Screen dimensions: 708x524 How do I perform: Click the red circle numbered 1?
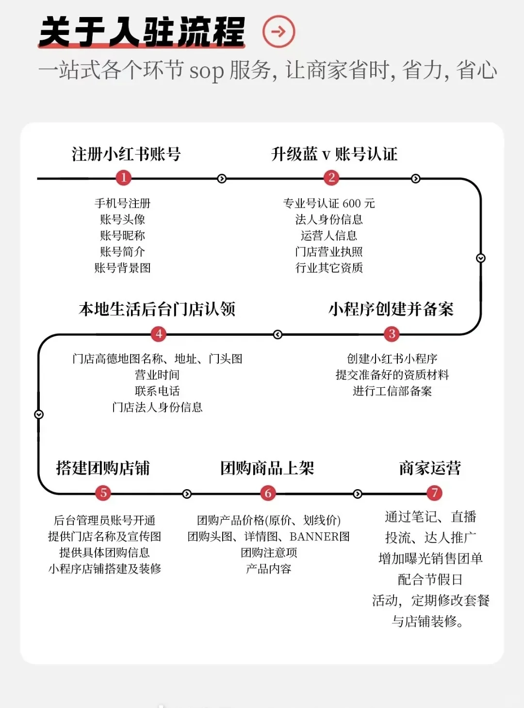(124, 178)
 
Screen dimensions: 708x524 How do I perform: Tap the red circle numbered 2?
(331, 178)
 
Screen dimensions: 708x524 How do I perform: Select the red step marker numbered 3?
(392, 334)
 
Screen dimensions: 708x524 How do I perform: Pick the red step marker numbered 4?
(159, 334)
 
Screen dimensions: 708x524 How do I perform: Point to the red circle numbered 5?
(103, 494)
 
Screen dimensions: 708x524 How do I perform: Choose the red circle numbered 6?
(268, 494)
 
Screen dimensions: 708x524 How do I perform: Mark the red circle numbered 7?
(434, 494)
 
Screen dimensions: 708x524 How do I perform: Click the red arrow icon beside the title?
(278, 32)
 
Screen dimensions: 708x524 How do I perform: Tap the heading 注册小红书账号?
(126, 154)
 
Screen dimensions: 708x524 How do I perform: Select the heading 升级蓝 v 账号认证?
(334, 154)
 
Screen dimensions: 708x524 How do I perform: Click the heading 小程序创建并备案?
(391, 309)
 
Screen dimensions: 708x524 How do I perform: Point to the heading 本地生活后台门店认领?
(157, 309)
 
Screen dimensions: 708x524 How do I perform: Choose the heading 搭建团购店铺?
(103, 468)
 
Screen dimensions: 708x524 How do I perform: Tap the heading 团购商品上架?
(267, 468)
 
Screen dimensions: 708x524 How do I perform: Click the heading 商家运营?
(430, 468)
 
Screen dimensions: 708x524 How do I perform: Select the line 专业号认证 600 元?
(329, 203)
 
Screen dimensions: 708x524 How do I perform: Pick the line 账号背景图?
(122, 268)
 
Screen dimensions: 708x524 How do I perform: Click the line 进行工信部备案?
(392, 391)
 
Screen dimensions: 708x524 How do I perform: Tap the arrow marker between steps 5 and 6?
(187, 494)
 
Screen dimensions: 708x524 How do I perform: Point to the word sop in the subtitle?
(206, 71)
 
